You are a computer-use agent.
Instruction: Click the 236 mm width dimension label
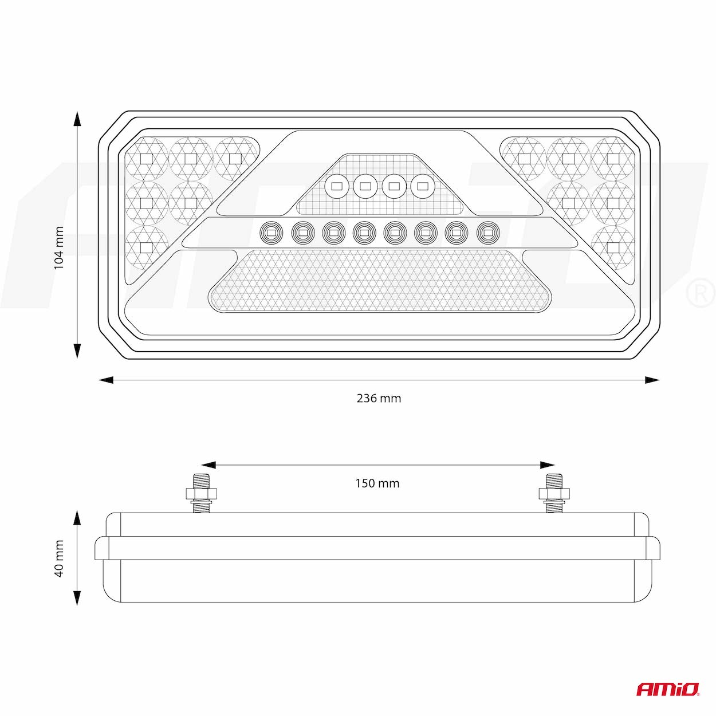point(379,398)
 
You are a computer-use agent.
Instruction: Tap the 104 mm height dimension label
point(58,248)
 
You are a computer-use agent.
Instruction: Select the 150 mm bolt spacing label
point(377,483)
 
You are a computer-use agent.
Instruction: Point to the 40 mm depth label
point(59,558)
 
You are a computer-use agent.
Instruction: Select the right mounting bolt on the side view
point(554,493)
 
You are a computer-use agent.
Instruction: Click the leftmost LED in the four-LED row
point(336,186)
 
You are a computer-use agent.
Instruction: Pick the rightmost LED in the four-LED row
point(422,186)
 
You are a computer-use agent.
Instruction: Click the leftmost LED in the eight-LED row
point(271,233)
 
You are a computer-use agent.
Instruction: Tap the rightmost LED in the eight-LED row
point(487,233)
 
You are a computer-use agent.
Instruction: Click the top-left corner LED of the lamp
point(146,158)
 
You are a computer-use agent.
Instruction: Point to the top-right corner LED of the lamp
point(613,158)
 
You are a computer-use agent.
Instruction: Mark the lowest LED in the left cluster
point(146,247)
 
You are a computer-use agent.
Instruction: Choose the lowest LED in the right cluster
point(613,247)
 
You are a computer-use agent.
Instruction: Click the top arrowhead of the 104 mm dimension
point(77,119)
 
